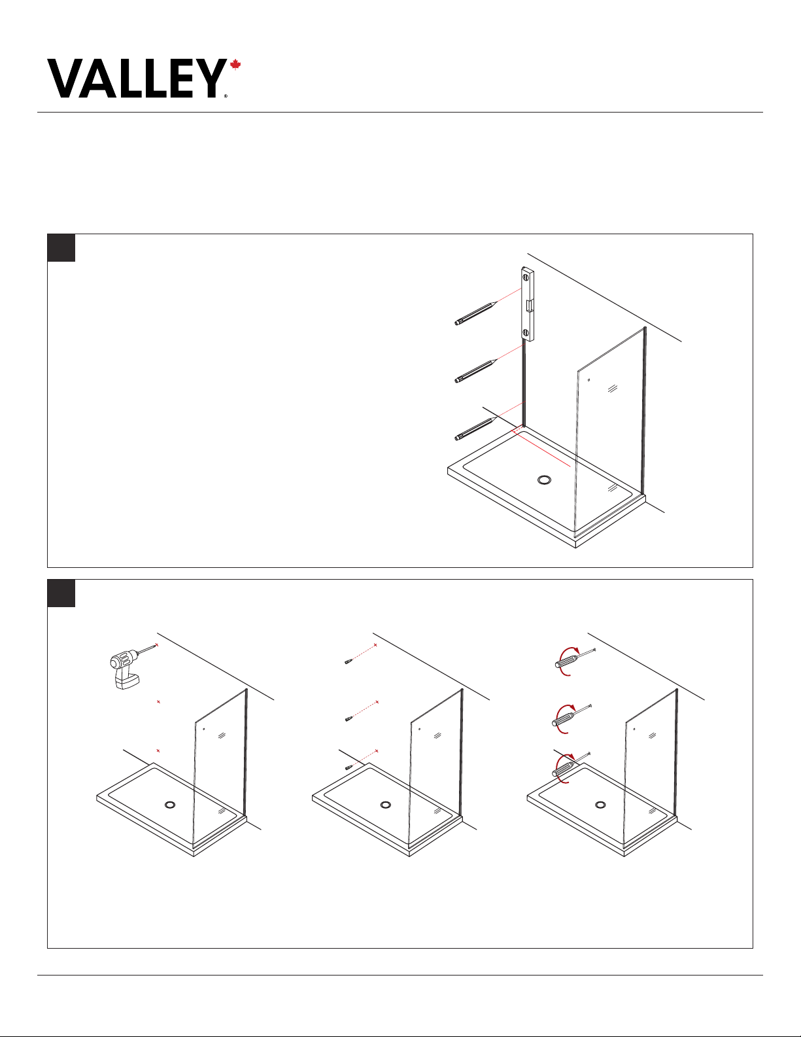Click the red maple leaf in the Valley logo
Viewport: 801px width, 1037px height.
click(x=235, y=65)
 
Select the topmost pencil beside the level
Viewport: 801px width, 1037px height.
click(x=476, y=313)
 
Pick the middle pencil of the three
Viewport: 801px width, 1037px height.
click(x=476, y=372)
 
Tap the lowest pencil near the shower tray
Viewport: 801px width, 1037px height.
click(x=476, y=429)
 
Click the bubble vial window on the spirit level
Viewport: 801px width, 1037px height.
click(x=529, y=306)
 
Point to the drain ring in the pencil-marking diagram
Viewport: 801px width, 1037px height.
click(x=544, y=480)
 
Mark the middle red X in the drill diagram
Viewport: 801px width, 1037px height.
click(x=158, y=702)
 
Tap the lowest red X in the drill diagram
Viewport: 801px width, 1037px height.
click(x=158, y=750)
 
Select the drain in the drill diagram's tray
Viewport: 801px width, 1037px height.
click(x=170, y=805)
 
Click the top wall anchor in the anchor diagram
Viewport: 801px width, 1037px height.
click(x=349, y=661)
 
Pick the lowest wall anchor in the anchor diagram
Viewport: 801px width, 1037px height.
click(x=349, y=767)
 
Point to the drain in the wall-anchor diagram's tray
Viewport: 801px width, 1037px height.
click(x=386, y=805)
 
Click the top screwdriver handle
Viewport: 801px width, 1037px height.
click(x=566, y=661)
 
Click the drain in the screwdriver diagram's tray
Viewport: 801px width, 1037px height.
click(x=601, y=805)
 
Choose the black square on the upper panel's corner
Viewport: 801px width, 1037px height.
click(x=61, y=248)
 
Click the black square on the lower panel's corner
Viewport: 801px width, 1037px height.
click(x=61, y=593)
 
